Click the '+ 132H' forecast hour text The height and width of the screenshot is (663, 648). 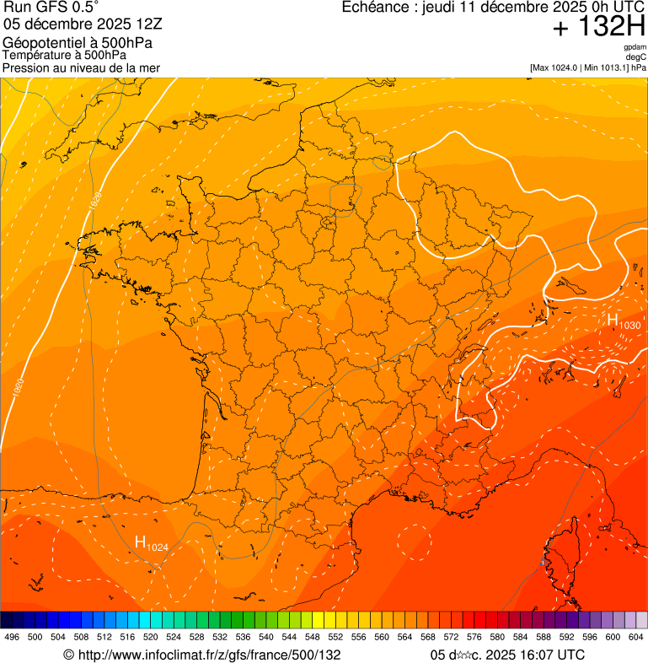[x=598, y=28]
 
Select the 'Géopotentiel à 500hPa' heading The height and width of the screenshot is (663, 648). [x=78, y=43]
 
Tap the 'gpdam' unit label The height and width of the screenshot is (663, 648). [x=635, y=47]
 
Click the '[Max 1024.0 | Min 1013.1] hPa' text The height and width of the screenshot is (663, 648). [x=587, y=67]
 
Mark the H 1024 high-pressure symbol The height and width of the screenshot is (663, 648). [x=151, y=543]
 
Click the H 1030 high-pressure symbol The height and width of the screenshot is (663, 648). [x=623, y=321]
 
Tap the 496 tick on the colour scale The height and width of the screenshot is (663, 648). [x=12, y=638]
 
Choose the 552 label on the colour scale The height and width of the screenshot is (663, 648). [x=335, y=638]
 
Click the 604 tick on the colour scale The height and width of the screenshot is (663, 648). [x=636, y=638]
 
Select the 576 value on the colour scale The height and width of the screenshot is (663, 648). [x=474, y=638]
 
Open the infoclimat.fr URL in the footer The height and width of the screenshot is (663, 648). [x=202, y=655]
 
